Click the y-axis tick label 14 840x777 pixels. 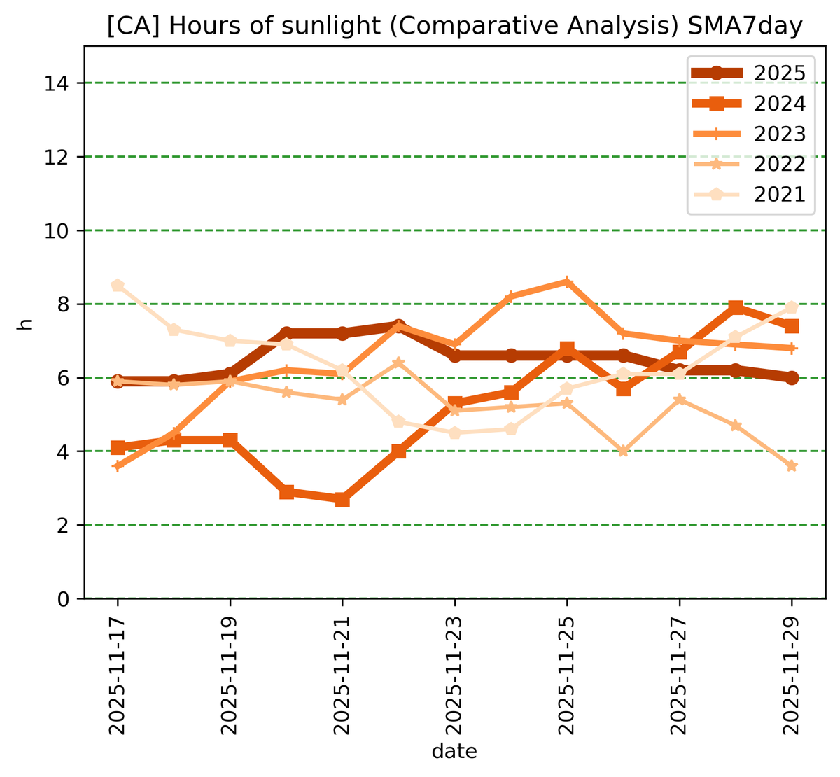click(x=59, y=83)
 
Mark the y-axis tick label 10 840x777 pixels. click(x=59, y=230)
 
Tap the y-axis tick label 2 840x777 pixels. click(x=64, y=525)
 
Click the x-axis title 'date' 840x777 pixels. click(x=454, y=752)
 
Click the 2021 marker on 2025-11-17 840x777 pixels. click(x=118, y=286)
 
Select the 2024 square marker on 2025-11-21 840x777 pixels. click(x=342, y=499)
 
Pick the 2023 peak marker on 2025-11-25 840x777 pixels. click(x=567, y=282)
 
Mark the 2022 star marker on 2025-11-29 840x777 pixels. click(x=792, y=466)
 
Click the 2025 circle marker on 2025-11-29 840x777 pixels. click(x=792, y=377)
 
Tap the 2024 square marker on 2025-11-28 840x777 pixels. click(x=736, y=307)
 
